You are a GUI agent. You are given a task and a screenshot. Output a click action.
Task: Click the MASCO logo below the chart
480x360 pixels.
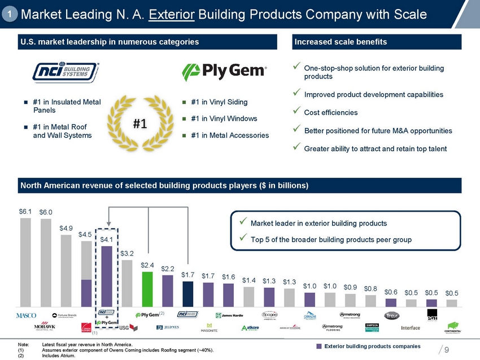pyautogui.click(x=26, y=315)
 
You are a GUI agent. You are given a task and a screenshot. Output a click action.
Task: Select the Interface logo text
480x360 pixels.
pyautogui.click(x=411, y=328)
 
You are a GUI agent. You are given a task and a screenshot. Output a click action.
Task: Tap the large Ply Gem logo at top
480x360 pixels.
pyautogui.click(x=224, y=72)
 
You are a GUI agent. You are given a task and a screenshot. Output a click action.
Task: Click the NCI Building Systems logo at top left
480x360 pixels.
pyautogui.click(x=66, y=72)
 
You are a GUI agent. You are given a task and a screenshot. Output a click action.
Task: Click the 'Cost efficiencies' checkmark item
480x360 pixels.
pyautogui.click(x=330, y=112)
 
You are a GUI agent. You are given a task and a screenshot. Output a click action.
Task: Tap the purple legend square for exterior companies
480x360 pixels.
pyautogui.click(x=318, y=346)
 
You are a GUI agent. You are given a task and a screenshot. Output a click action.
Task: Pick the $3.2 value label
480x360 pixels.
pyautogui.click(x=127, y=253)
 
